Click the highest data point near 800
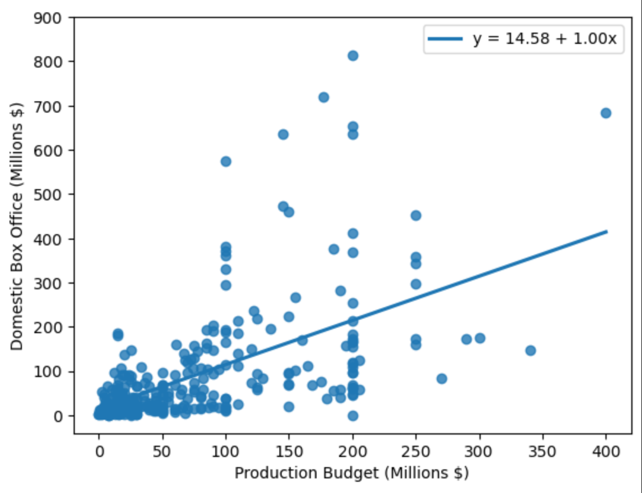click(353, 56)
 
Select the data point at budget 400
click(606, 113)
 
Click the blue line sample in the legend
click(446, 39)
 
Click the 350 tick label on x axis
click(542, 452)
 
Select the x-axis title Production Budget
click(351, 473)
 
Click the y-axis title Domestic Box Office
click(17, 226)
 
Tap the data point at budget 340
click(530, 351)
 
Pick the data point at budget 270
click(441, 379)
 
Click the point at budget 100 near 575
click(226, 162)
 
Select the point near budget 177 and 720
click(324, 97)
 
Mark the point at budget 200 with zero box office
click(353, 416)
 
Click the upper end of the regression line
click(606, 231)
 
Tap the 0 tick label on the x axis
click(99, 452)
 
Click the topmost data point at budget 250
click(416, 216)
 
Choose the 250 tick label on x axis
click(416, 452)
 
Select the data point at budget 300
click(480, 338)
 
